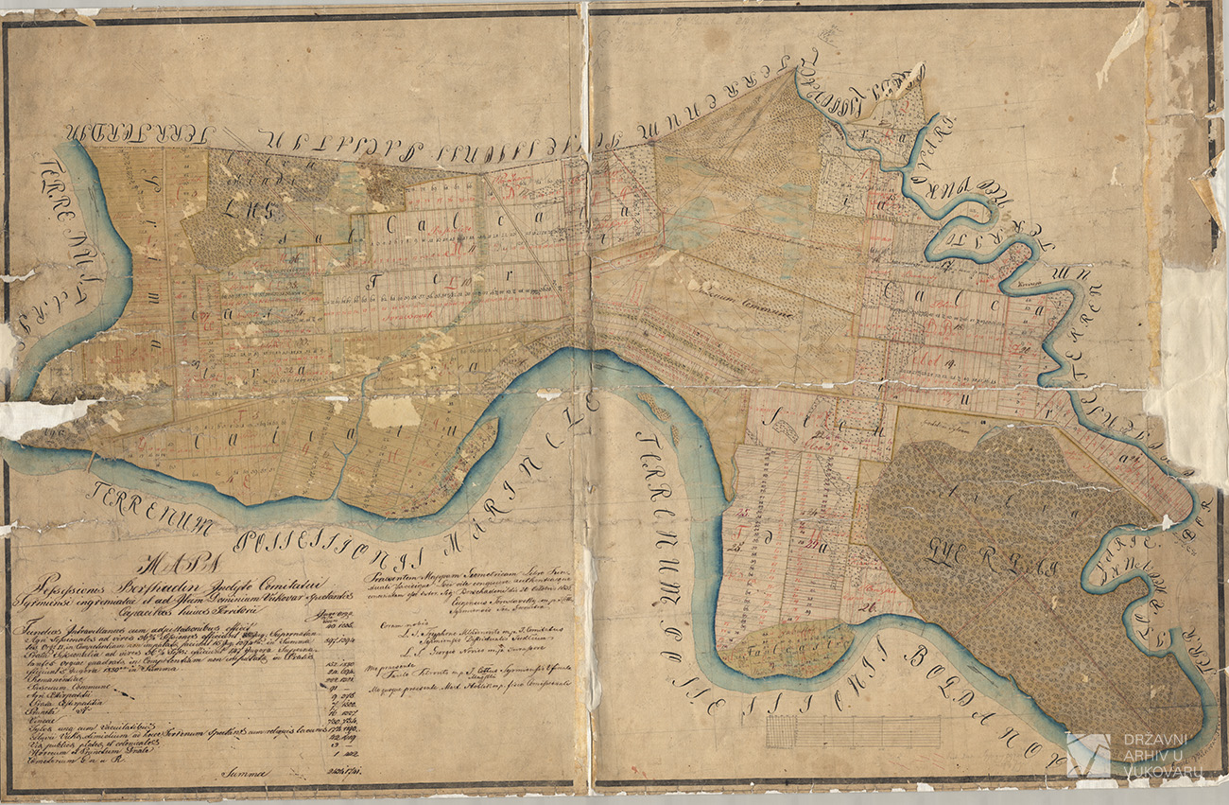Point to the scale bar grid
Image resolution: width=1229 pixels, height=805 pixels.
point(853,731)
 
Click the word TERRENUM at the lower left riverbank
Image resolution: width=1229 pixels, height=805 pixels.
point(151,507)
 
